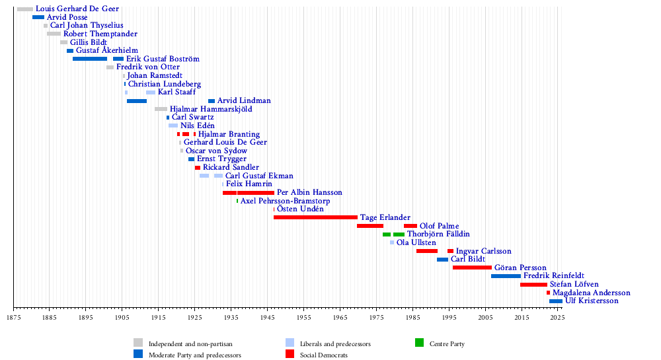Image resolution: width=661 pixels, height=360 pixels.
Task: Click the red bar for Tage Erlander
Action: pyautogui.click(x=315, y=217)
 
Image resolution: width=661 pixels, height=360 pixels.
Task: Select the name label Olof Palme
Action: pyautogui.click(x=439, y=226)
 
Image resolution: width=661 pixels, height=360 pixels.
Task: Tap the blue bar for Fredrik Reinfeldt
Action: pyautogui.click(x=506, y=275)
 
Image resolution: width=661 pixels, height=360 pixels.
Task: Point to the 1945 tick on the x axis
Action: pyautogui.click(x=267, y=308)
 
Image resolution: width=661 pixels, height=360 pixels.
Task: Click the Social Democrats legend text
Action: pyautogui.click(x=324, y=355)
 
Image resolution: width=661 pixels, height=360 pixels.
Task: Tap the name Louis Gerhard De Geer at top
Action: pyautogui.click(x=78, y=9)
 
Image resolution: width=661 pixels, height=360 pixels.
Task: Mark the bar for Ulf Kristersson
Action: pyautogui.click(x=556, y=301)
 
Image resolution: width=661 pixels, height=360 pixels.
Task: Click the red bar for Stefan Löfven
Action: pyautogui.click(x=533, y=284)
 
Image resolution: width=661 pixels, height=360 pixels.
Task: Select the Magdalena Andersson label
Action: pyautogui.click(x=591, y=293)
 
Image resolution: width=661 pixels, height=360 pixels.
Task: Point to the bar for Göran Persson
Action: pyautogui.click(x=472, y=268)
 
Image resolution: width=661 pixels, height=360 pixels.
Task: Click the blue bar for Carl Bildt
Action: pyautogui.click(x=442, y=259)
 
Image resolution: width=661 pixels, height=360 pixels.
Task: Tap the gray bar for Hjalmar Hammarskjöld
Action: pyautogui.click(x=161, y=109)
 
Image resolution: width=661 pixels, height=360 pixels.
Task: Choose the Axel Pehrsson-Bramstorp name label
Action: pyautogui.click(x=285, y=201)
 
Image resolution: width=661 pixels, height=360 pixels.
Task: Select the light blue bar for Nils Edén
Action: pyautogui.click(x=173, y=126)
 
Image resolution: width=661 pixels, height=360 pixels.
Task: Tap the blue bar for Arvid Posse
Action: pyautogui.click(x=38, y=17)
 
